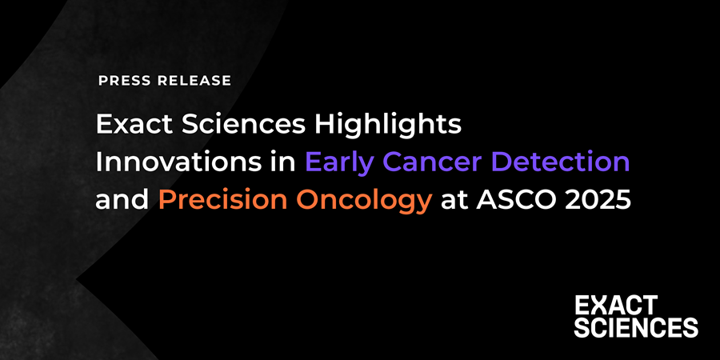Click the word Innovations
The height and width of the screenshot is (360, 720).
169,162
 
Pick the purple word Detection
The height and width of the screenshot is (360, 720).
562,162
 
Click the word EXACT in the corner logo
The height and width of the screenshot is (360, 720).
616,305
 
